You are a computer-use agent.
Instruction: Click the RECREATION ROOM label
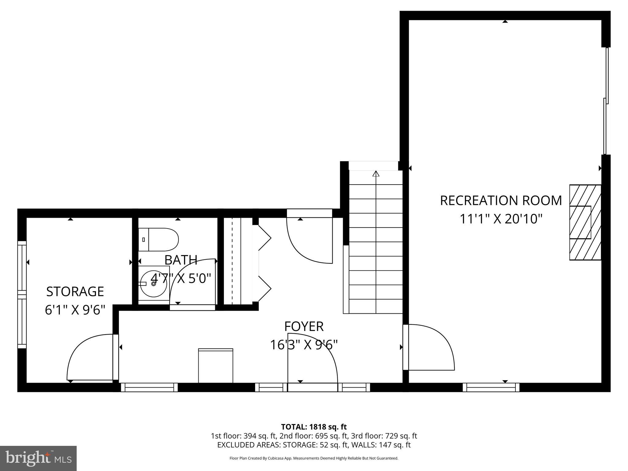click(x=501, y=201)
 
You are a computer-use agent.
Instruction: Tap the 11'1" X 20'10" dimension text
click(x=501, y=219)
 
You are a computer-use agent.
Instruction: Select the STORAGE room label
click(x=75, y=292)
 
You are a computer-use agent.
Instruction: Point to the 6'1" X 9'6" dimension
click(x=75, y=310)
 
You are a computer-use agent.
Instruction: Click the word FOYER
click(x=304, y=327)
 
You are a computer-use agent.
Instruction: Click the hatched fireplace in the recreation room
click(x=585, y=222)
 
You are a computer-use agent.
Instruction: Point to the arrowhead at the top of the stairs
click(x=376, y=174)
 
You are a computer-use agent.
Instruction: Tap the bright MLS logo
click(x=38, y=458)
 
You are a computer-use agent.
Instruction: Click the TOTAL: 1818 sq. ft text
click(x=314, y=427)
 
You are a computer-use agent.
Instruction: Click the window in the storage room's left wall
click(x=22, y=294)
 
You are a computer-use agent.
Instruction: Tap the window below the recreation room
click(x=491, y=387)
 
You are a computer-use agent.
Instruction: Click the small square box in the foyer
click(x=216, y=366)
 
